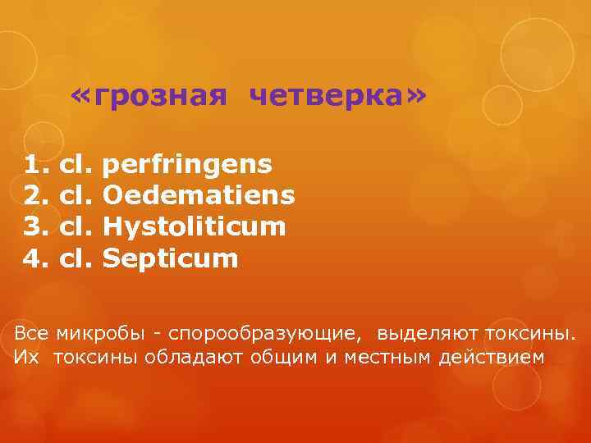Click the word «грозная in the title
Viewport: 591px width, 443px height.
[x=149, y=97]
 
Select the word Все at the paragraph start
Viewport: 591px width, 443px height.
[x=32, y=334]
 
